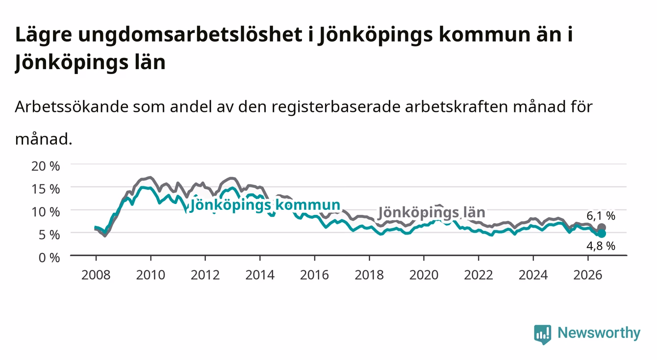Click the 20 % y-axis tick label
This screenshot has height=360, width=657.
click(46, 166)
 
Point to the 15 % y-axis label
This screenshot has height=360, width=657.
click(46, 189)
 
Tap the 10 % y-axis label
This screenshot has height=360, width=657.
click(46, 212)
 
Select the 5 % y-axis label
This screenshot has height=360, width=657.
click(49, 235)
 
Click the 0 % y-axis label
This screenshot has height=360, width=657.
click(49, 257)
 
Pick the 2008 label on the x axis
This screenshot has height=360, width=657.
click(96, 275)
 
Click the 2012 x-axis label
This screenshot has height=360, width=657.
click(205, 275)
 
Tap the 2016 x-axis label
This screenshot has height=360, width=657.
click(314, 275)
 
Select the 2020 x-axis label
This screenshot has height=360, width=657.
click(424, 275)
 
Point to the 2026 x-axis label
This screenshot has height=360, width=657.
click(588, 275)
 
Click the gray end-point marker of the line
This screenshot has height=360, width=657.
click(602, 228)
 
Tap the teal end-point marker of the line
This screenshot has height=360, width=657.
click(602, 233)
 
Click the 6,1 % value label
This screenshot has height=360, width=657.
click(601, 216)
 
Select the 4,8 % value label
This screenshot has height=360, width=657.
click(601, 246)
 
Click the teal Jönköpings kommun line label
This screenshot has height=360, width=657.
click(265, 205)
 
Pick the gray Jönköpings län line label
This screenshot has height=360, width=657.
click(431, 212)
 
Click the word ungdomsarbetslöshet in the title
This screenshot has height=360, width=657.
click(190, 35)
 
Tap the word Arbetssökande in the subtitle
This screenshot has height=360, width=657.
click(72, 106)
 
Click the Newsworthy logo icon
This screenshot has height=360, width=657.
click(543, 334)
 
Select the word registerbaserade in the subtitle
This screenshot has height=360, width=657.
click(336, 107)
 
